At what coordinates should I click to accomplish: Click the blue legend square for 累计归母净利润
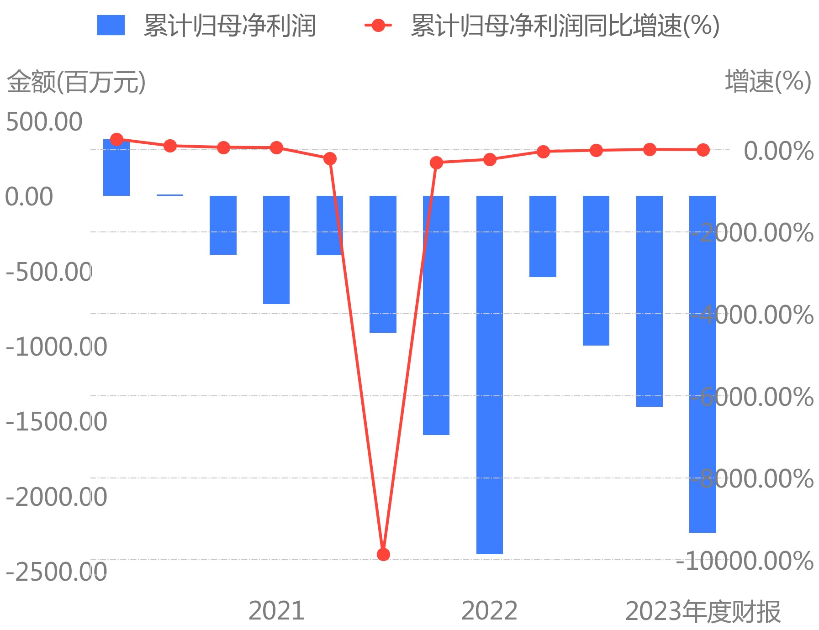(111, 25)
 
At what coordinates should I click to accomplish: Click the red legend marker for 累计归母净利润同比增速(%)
(378, 25)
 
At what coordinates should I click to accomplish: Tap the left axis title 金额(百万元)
(76, 82)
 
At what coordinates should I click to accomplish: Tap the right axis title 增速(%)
(768, 82)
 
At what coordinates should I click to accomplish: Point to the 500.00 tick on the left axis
(44, 122)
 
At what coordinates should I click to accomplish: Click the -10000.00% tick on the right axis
(745, 561)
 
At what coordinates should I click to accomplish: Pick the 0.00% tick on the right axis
(778, 151)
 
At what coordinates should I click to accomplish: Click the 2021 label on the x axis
(276, 611)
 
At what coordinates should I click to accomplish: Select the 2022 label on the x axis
(489, 611)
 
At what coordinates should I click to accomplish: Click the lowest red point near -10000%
(383, 554)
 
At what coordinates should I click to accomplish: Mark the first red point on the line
(116, 139)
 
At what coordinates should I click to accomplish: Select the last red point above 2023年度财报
(703, 150)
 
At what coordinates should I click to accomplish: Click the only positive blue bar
(116, 168)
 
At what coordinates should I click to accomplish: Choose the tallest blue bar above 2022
(489, 374)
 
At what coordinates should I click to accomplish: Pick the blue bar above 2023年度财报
(703, 364)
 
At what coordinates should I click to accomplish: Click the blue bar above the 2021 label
(276, 250)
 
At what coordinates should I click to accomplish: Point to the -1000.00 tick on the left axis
(56, 347)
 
